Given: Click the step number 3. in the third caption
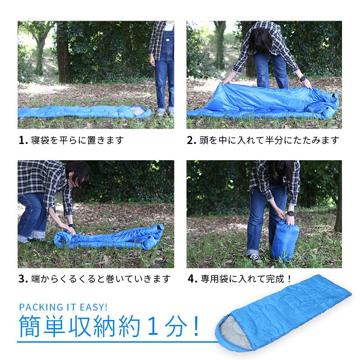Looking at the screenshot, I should click(x=23, y=279).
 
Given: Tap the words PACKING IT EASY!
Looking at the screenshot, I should click(x=63, y=307).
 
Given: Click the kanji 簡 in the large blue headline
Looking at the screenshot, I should click(x=30, y=328).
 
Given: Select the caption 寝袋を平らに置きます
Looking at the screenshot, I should click(x=76, y=140).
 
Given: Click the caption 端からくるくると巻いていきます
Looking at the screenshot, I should click(x=101, y=279).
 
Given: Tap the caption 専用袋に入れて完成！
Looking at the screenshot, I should click(x=246, y=279).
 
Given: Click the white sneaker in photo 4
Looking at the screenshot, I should click(x=255, y=258).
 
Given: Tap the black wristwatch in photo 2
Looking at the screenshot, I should click(x=303, y=83).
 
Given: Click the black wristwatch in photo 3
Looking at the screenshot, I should click(x=71, y=225).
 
